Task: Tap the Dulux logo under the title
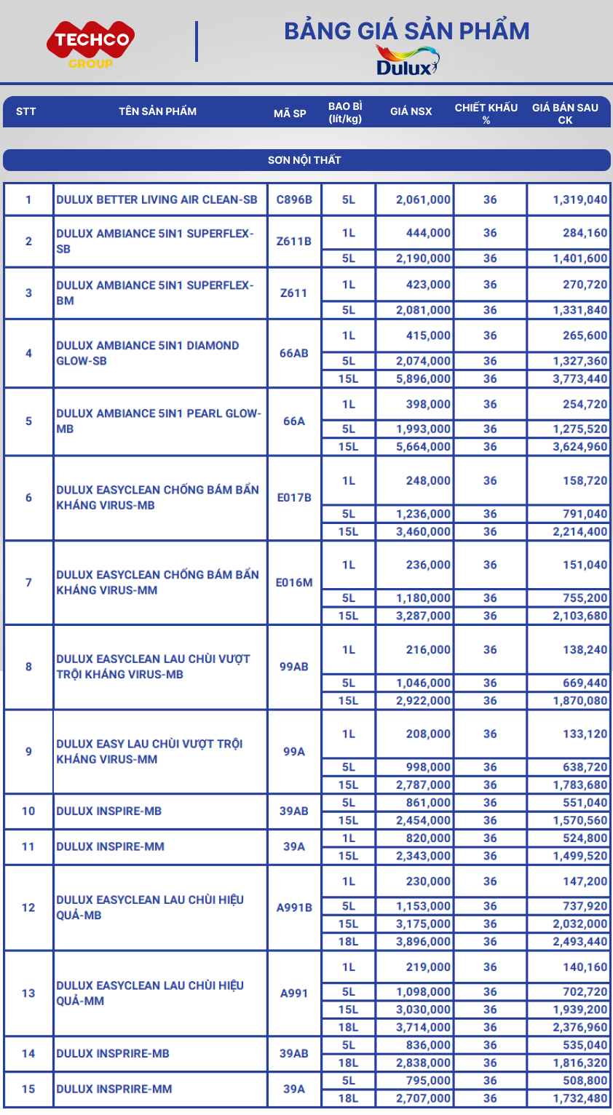(407, 61)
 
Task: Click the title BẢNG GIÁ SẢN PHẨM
(406, 31)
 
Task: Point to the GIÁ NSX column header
(411, 111)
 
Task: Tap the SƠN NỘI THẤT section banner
(306, 160)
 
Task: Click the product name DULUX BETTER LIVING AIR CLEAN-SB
(157, 199)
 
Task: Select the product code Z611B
(294, 241)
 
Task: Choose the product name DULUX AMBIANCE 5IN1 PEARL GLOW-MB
(158, 421)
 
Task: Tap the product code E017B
(294, 498)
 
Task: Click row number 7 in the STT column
(28, 582)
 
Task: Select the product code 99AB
(294, 667)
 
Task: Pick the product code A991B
(294, 908)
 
